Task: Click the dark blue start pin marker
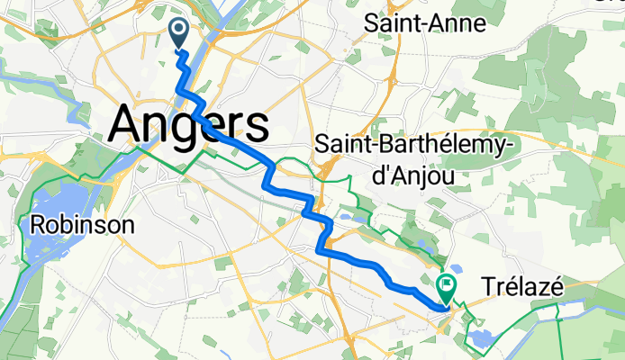[178, 33]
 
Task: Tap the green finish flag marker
[447, 287]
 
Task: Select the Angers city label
[188, 122]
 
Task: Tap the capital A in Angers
[127, 122]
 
